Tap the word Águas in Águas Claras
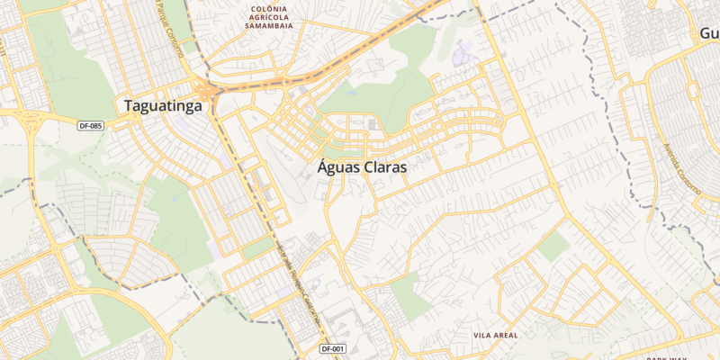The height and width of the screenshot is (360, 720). (340, 167)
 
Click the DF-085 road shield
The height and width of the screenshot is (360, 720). (90, 125)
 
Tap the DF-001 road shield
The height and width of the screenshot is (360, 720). (333, 348)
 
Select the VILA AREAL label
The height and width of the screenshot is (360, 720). (495, 335)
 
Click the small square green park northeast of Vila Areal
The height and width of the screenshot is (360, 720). (554, 246)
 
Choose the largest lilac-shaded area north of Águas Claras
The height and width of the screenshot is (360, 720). (465, 54)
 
